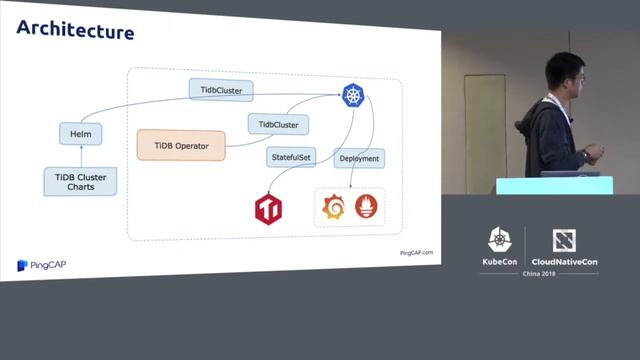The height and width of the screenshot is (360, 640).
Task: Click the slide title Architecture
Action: (75, 32)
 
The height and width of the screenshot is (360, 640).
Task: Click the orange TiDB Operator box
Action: (181, 146)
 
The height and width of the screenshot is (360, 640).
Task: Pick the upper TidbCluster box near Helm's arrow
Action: (221, 90)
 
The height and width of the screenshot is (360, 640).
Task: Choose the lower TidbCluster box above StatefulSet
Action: (278, 125)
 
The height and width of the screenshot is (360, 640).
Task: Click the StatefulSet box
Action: (292, 157)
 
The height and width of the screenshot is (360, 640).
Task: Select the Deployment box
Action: (358, 158)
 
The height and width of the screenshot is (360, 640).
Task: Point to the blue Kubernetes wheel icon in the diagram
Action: (353, 95)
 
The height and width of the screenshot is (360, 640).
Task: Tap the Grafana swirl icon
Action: (332, 207)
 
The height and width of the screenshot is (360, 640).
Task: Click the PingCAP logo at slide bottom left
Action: (41, 264)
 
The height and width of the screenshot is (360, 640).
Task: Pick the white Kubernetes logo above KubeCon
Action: (499, 240)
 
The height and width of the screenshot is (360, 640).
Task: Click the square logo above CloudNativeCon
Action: (564, 240)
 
